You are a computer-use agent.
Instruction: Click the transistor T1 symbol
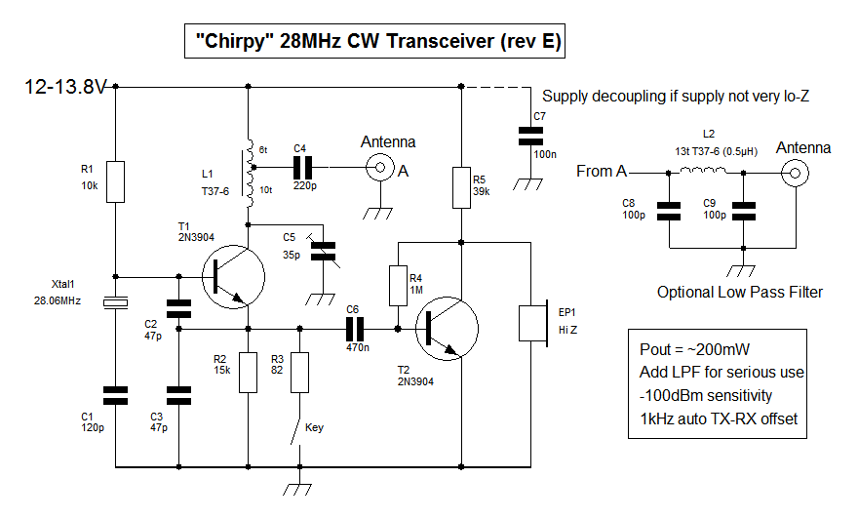230,277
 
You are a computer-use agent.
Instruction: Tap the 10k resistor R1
115,181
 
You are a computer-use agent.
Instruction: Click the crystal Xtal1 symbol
115,304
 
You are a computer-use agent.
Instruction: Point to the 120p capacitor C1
115,394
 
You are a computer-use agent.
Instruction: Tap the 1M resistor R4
398,284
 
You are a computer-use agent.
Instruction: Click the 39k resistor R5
460,187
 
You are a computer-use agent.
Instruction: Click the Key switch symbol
294,430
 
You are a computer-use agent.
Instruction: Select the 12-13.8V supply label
65,87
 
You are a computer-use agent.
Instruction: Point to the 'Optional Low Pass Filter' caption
740,292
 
